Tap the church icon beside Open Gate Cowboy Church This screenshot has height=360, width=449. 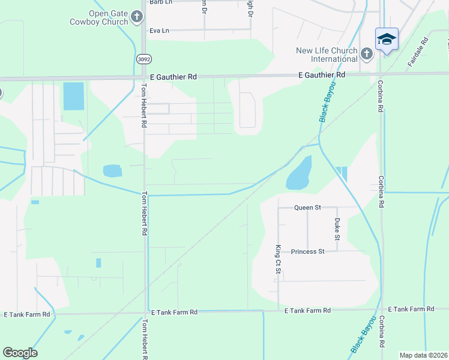click(137, 17)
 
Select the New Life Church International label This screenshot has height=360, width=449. click(326, 55)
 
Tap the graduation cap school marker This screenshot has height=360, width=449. click(387, 40)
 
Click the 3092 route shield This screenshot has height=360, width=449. click(143, 59)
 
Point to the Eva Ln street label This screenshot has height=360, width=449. click(159, 30)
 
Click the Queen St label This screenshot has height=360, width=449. click(307, 208)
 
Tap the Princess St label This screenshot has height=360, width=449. click(307, 251)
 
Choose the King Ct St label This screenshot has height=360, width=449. click(278, 259)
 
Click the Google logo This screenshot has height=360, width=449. click(20, 353)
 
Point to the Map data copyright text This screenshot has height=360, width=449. click(424, 355)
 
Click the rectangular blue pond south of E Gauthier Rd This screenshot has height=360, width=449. click(74, 96)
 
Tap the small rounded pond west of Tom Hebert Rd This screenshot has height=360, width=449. click(112, 171)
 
